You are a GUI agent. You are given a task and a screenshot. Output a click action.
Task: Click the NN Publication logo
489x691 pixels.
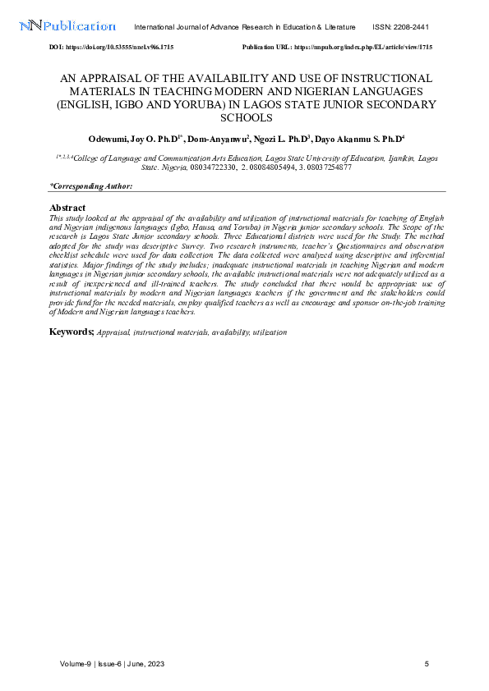tap(67, 27)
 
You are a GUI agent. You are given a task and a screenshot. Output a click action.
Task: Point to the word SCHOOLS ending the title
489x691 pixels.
tap(244, 118)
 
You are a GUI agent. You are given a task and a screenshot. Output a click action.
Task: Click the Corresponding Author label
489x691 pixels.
tap(91, 186)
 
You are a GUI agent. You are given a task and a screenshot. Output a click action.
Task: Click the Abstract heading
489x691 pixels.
tap(68, 208)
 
